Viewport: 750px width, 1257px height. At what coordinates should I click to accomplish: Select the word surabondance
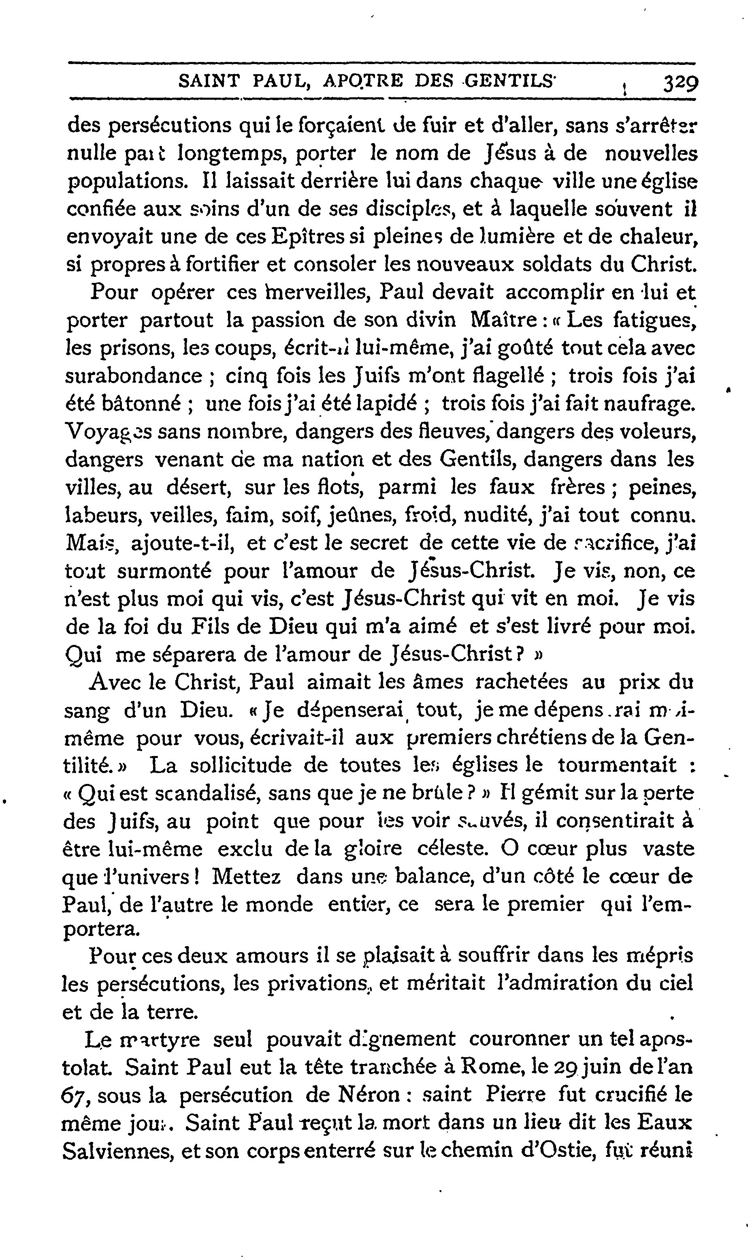tap(134, 376)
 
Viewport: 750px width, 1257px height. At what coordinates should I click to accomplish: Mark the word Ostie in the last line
tap(562, 1152)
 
